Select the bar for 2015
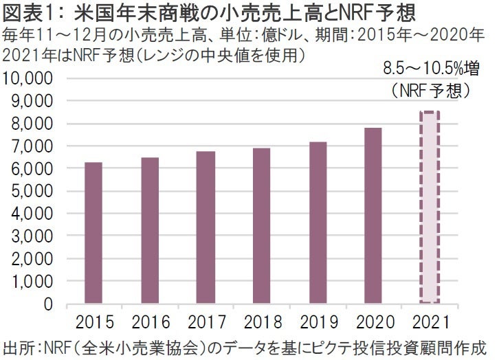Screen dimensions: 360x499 click(x=93, y=233)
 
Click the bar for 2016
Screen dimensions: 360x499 click(x=149, y=230)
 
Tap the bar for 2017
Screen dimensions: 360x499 click(x=206, y=227)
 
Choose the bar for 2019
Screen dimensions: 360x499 click(x=318, y=223)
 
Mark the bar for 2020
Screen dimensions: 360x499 click(x=373, y=215)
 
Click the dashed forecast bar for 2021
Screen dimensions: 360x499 click(x=430, y=207)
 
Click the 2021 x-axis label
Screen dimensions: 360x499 click(x=430, y=322)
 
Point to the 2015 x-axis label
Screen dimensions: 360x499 click(x=93, y=322)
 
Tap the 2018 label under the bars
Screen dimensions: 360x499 click(x=262, y=322)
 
